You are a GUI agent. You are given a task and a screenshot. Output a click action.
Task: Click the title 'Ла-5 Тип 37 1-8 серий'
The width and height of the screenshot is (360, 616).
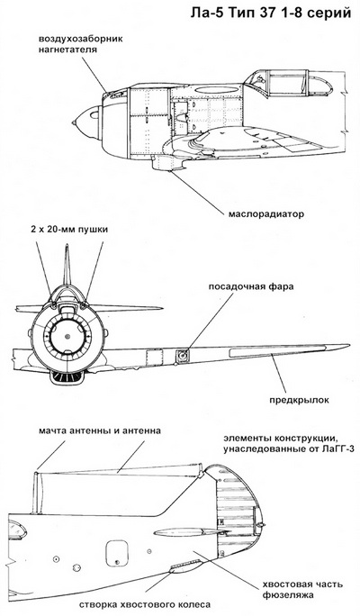coord(271,13)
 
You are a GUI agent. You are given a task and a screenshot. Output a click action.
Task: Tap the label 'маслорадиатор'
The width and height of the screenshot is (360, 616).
coord(265,215)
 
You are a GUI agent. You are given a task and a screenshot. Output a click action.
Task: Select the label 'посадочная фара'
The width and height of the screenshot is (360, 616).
coord(250,286)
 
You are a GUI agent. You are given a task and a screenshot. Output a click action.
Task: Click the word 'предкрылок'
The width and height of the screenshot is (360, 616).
coord(299,401)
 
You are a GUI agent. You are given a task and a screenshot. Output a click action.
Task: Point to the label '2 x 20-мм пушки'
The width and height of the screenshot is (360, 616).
coord(68,230)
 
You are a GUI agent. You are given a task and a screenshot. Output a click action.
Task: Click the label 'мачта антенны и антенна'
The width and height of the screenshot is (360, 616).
coord(100,430)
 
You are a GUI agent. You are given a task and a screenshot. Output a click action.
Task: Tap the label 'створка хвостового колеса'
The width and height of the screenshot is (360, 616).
coord(145,604)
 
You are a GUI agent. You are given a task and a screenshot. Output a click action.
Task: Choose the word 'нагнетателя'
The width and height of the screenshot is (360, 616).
coord(67,50)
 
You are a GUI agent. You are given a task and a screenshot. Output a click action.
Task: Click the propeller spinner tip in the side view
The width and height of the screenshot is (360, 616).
coord(74,123)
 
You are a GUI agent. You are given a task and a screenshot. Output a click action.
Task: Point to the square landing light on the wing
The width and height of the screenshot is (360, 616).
coord(182,356)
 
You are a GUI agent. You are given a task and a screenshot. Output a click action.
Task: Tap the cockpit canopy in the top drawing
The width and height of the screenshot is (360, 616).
coord(286,83)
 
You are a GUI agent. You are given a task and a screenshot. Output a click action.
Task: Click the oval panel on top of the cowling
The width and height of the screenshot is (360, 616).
coord(211,90)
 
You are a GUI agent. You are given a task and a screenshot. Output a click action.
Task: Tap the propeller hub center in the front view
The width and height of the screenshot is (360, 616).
coord(67,336)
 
